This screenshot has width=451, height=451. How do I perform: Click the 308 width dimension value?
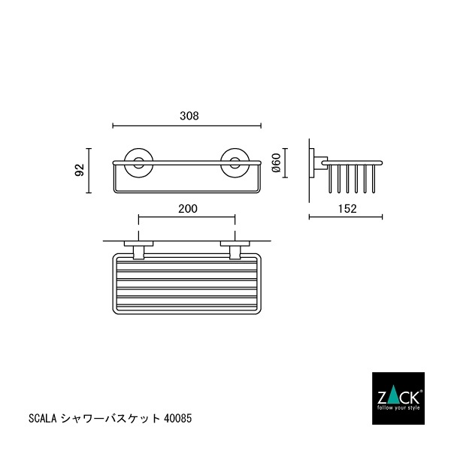(189, 116)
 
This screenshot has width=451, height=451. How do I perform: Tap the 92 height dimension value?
(79, 171)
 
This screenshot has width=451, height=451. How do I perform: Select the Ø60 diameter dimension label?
(276, 163)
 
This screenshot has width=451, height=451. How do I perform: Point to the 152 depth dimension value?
(346, 208)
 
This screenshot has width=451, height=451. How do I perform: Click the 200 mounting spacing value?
(188, 209)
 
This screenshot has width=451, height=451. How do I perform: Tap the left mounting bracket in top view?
(139, 249)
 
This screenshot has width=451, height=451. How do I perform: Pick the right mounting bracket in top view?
(235, 249)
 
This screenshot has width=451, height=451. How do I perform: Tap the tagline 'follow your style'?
(398, 406)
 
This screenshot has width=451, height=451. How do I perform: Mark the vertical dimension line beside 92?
(89, 171)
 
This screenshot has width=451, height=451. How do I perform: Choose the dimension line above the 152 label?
(346, 218)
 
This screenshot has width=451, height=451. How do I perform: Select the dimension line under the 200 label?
(187, 219)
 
